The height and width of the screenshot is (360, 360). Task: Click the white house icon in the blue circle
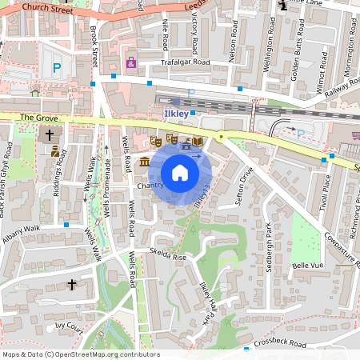(180, 173)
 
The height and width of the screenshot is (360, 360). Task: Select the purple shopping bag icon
(130, 62)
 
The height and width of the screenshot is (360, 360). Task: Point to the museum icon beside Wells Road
(144, 162)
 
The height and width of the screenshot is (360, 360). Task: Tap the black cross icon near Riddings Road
(50, 135)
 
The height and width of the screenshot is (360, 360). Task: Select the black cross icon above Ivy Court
(71, 284)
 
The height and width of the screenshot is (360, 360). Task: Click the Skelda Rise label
(167, 258)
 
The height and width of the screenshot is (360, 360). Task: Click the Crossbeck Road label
(281, 344)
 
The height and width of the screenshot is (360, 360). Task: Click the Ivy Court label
(70, 326)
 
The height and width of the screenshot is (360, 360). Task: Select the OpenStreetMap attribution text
(81, 354)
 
